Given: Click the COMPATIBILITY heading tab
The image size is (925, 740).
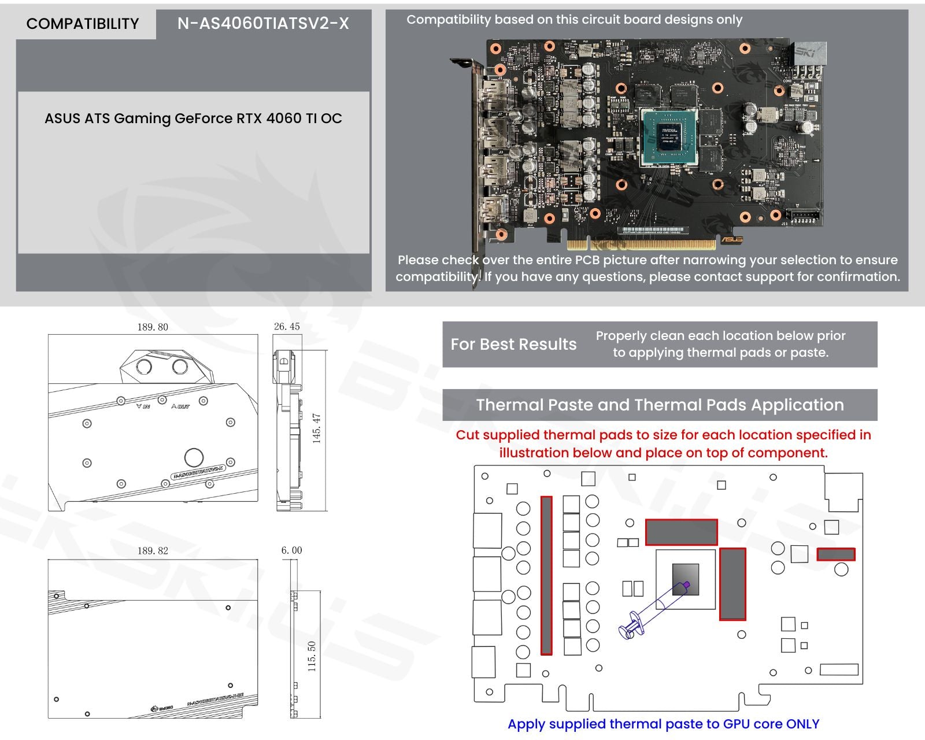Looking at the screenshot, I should (83, 24).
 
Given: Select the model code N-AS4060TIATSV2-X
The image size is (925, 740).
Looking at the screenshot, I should (263, 24).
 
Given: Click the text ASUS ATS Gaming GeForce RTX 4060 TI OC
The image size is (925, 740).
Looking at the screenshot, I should (193, 119).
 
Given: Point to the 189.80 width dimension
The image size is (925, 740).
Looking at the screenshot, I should (153, 327).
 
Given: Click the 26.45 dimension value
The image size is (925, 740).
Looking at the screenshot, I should (287, 327).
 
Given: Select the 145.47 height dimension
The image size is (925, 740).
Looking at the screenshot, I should (317, 428).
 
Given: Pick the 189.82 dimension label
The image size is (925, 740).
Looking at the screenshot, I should (153, 551).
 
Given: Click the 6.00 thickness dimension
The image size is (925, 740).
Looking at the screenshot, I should (291, 550).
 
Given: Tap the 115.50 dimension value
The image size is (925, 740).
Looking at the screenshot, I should (312, 656).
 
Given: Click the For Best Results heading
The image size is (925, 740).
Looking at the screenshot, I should (513, 345).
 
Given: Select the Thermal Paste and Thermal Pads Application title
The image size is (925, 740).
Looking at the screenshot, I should (660, 405).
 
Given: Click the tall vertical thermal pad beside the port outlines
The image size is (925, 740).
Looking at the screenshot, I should (546, 575).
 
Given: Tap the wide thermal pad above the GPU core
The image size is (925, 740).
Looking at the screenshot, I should (681, 532).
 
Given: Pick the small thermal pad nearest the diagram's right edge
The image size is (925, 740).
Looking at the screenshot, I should (835, 554).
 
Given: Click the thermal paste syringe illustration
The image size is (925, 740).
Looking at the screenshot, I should (653, 610).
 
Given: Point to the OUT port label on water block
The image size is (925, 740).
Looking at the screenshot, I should (180, 406).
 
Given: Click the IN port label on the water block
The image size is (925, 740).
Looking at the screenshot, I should (143, 406).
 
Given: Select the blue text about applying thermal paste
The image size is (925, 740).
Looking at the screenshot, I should (663, 724).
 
